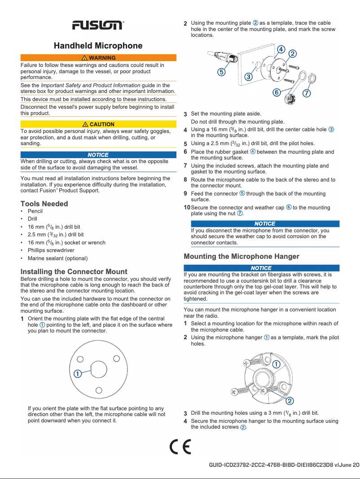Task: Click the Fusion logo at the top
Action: click(98, 25)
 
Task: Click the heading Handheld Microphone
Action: click(98, 46)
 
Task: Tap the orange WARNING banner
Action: click(98, 58)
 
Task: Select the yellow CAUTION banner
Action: click(98, 124)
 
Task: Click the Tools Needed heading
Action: click(44, 204)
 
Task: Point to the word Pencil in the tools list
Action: click(35, 211)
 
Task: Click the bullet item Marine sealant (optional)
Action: click(57, 258)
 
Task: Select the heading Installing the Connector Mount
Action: click(74, 272)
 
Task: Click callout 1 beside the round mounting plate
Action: click(77, 374)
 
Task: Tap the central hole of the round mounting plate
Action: click(98, 370)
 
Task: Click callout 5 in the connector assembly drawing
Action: click(222, 71)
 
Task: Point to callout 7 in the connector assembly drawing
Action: click(307, 93)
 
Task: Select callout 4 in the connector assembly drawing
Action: click(281, 49)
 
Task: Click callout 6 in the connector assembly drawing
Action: click(277, 92)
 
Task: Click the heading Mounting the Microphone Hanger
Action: click(241, 257)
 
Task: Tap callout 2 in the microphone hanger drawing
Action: click(290, 400)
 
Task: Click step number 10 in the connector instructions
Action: click(187, 208)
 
